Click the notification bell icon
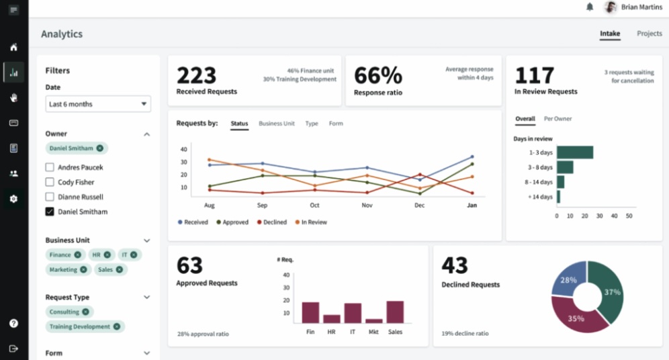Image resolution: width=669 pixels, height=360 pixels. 590,7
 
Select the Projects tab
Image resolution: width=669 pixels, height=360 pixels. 649,34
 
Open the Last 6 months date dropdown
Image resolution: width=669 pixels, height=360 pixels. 97,104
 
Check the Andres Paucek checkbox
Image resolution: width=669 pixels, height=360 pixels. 50,167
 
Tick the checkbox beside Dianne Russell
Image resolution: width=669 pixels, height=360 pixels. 50,197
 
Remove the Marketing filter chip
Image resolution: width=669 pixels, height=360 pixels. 83,269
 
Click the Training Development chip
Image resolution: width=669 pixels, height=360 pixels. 79,326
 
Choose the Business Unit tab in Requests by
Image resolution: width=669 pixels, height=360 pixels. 276,124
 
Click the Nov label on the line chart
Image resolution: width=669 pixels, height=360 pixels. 367,206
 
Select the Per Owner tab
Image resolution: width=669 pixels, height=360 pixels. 557,119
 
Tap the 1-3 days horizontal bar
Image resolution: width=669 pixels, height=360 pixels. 574,152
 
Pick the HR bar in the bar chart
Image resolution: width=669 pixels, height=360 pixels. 332,318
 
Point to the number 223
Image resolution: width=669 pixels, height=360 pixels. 196,75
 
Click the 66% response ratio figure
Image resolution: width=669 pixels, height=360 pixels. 377,75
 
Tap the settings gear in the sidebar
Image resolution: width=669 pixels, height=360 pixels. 13,199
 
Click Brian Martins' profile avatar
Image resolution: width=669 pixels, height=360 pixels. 610,7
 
